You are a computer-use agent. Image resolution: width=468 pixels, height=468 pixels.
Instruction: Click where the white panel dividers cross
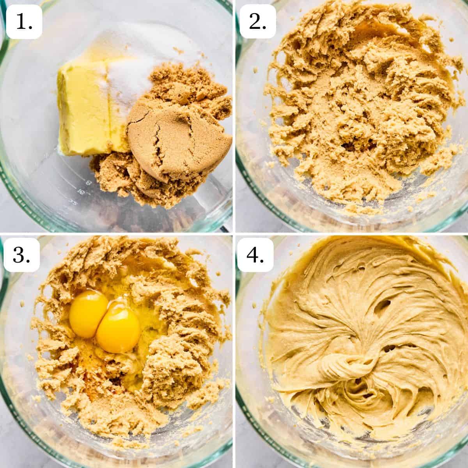(x=234, y=234)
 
